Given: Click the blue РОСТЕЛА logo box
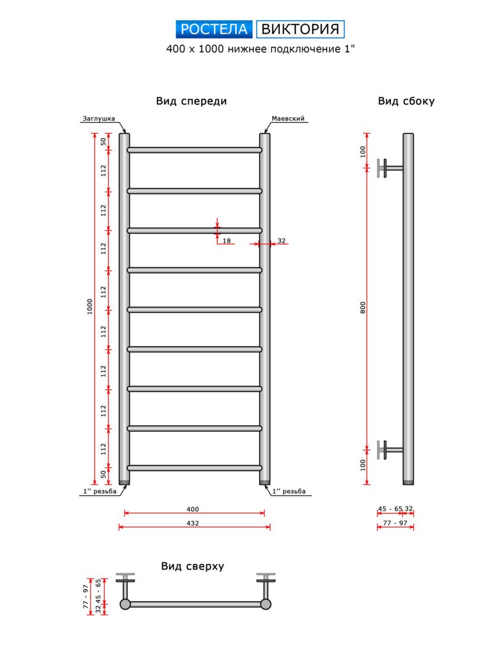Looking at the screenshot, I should click(215, 29).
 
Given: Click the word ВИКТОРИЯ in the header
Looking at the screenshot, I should click(300, 29).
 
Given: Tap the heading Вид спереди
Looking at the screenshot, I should click(192, 101).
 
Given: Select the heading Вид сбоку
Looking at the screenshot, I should click(406, 101).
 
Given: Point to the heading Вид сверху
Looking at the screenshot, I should click(193, 566).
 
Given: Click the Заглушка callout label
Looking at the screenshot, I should click(99, 119).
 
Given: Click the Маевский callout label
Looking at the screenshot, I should click(288, 119).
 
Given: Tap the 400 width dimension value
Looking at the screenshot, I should click(193, 509).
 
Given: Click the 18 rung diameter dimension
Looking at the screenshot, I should click(227, 241).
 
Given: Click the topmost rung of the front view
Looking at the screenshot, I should click(194, 150).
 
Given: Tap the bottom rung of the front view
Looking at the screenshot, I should click(194, 468).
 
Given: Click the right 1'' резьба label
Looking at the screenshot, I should click(289, 491).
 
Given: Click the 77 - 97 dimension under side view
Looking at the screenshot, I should click(395, 523).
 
